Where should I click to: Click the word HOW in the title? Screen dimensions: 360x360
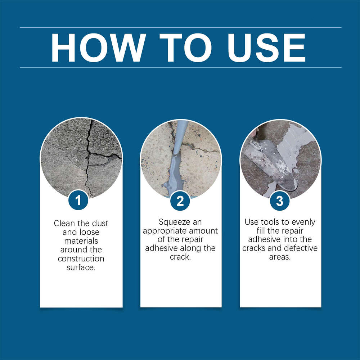point(98,48)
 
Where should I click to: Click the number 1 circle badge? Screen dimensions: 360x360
point(78,201)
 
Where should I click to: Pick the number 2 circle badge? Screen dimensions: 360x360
point(180,201)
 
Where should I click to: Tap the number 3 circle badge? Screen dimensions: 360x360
point(280,201)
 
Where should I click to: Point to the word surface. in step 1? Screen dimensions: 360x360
point(81,267)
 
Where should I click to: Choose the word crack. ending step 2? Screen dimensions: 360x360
point(180,257)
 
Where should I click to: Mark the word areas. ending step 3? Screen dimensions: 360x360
point(280,257)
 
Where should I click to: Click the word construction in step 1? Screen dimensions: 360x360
point(81,259)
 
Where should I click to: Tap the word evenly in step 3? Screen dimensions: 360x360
point(304,222)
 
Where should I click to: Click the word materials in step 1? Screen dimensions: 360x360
point(81,241)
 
